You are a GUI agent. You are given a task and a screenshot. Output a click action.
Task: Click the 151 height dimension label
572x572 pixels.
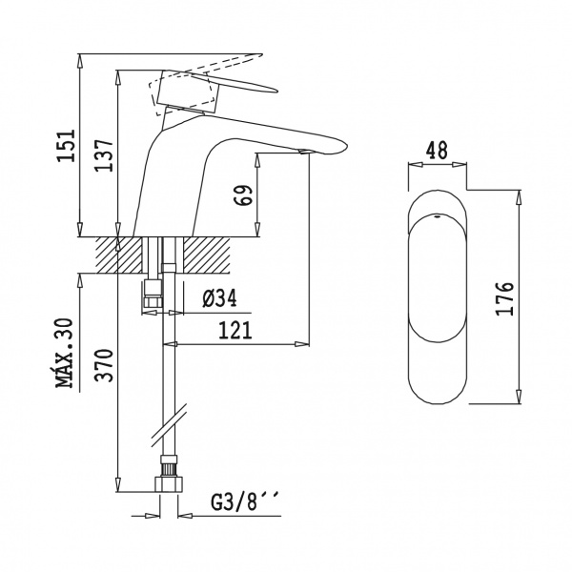[x=67, y=145]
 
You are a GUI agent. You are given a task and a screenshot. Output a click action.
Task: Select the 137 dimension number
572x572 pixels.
[x=105, y=155]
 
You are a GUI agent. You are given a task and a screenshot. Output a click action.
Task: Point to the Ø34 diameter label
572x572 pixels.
[x=219, y=298]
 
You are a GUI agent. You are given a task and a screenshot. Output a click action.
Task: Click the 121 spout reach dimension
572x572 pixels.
[x=235, y=330]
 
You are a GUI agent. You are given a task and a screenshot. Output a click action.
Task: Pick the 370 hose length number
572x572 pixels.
[x=104, y=365]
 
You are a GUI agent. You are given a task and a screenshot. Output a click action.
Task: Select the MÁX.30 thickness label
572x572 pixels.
[x=65, y=353]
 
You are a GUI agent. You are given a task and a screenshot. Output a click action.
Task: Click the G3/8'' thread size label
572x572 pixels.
[x=244, y=501]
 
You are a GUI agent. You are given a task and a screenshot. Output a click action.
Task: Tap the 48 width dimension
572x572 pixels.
[x=437, y=151]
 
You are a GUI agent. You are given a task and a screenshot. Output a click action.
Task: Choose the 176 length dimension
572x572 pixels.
[x=504, y=298]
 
